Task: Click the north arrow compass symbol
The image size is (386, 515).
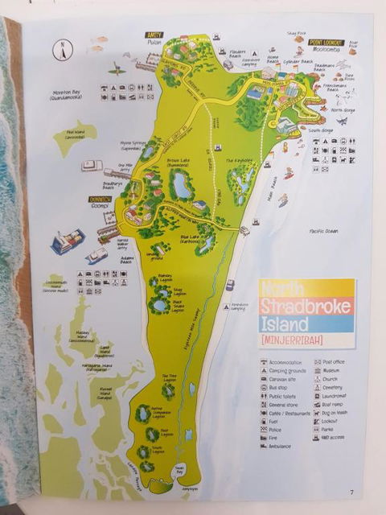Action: point(60,50)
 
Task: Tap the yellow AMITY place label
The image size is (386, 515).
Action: point(154,34)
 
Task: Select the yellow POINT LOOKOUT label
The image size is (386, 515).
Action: point(326,41)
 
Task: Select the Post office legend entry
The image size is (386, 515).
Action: point(330,362)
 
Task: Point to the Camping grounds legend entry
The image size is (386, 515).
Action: point(290,373)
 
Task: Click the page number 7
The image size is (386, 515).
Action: point(351,492)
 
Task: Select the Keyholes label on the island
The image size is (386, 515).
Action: point(240,161)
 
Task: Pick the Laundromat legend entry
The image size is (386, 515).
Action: point(332,396)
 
